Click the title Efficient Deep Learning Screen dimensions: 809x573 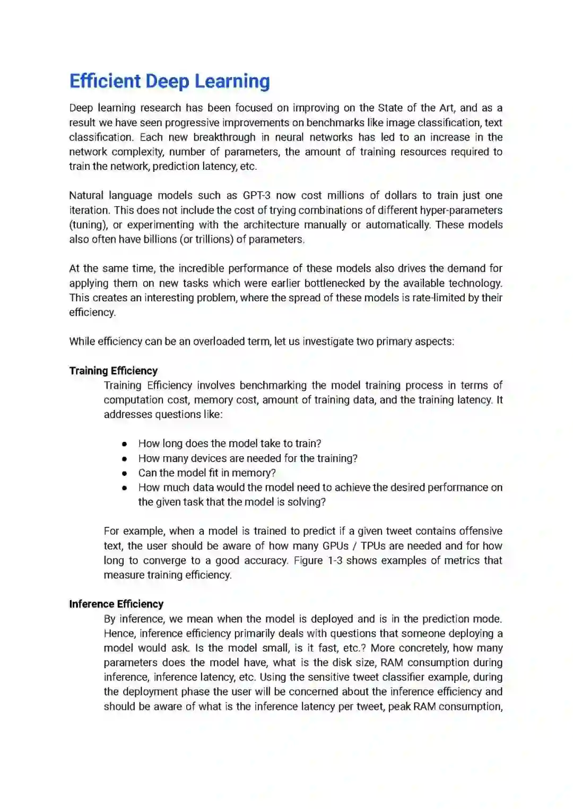pos(169,81)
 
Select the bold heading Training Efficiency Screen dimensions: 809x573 pos(113,371)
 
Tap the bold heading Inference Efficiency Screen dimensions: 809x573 pos(116,604)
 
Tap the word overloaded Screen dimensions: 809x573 pos(220,342)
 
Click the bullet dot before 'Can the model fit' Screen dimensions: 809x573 pos(124,473)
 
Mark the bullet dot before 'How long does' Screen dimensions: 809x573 pos(124,444)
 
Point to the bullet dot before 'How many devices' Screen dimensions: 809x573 pos(124,458)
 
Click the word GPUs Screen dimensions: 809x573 pos(335,546)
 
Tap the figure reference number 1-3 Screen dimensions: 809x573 pos(335,561)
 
